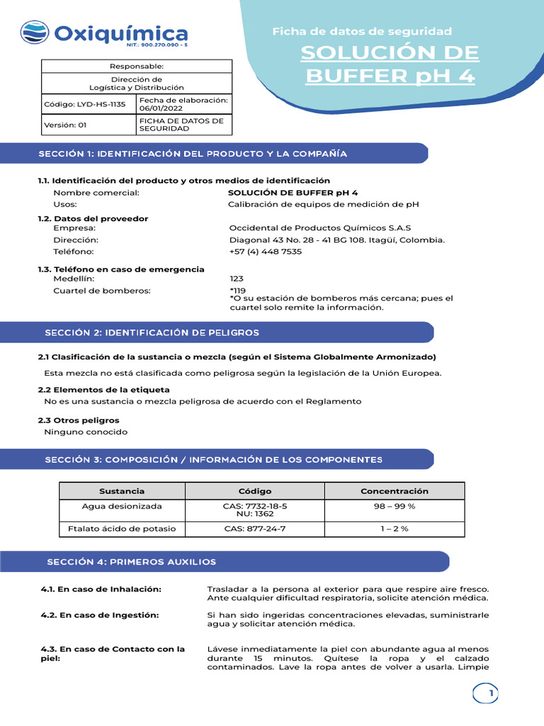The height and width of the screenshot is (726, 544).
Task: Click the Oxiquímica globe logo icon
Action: [35, 33]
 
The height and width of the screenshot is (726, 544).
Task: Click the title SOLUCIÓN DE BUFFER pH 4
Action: [390, 64]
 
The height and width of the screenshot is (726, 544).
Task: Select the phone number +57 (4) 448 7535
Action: [266, 252]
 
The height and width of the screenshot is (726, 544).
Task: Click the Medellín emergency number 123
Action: [237, 279]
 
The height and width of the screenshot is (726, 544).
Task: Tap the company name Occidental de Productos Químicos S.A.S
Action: [320, 228]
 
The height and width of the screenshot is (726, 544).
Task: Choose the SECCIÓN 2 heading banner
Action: [152, 333]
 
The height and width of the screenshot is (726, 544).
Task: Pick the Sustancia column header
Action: [122, 491]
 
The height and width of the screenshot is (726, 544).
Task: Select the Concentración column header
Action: [394, 491]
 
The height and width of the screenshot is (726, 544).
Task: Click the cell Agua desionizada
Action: [122, 506]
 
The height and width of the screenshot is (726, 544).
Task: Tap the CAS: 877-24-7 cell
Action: [254, 530]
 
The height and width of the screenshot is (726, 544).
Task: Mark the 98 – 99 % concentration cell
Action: [394, 506]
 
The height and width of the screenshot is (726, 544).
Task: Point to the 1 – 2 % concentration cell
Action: [394, 530]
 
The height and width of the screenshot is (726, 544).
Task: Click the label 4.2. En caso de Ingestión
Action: [100, 615]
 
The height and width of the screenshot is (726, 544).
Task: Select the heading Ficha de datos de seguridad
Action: [362, 31]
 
